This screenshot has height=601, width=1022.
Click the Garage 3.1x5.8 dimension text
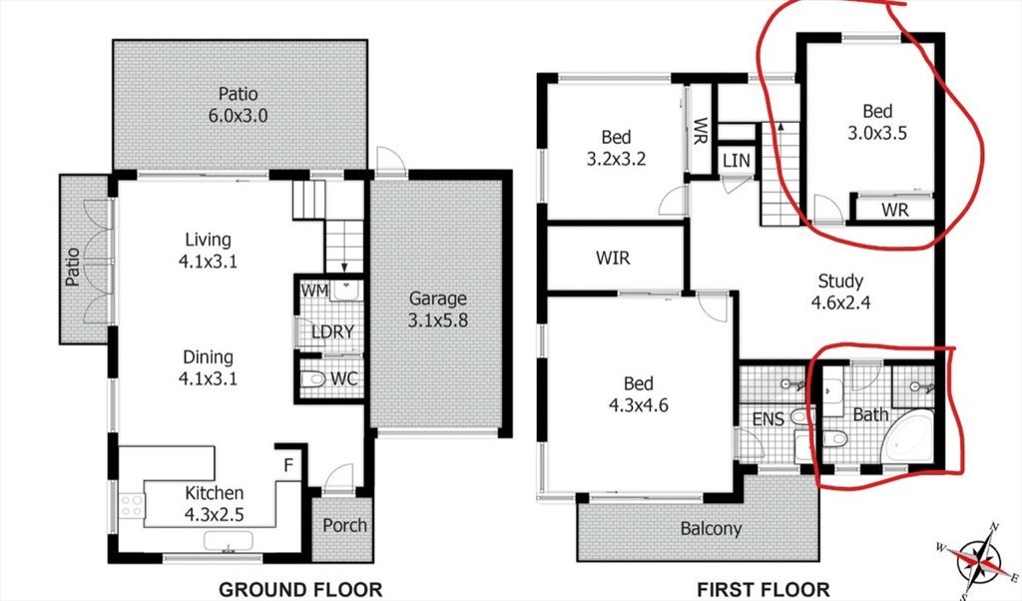438,320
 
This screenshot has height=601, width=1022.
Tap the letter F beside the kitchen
288,465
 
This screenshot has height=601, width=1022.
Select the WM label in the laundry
314,291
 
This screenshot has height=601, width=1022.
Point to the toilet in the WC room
312,378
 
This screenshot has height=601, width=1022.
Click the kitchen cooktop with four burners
131,505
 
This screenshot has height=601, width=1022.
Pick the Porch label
344,525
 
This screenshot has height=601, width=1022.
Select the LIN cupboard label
737,161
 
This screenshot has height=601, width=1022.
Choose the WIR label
614,259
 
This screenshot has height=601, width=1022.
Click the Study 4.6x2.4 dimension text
840,302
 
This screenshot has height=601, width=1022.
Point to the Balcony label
711,529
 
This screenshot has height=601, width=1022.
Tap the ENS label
768,419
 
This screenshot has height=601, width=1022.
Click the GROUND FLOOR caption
299,589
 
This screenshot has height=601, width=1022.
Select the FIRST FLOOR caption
763,589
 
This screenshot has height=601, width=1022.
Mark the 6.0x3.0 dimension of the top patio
238,116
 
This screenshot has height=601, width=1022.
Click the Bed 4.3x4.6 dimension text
639,405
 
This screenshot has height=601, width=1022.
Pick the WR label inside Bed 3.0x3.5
895,210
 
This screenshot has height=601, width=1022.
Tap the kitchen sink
229,541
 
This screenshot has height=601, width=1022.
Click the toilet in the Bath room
835,439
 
